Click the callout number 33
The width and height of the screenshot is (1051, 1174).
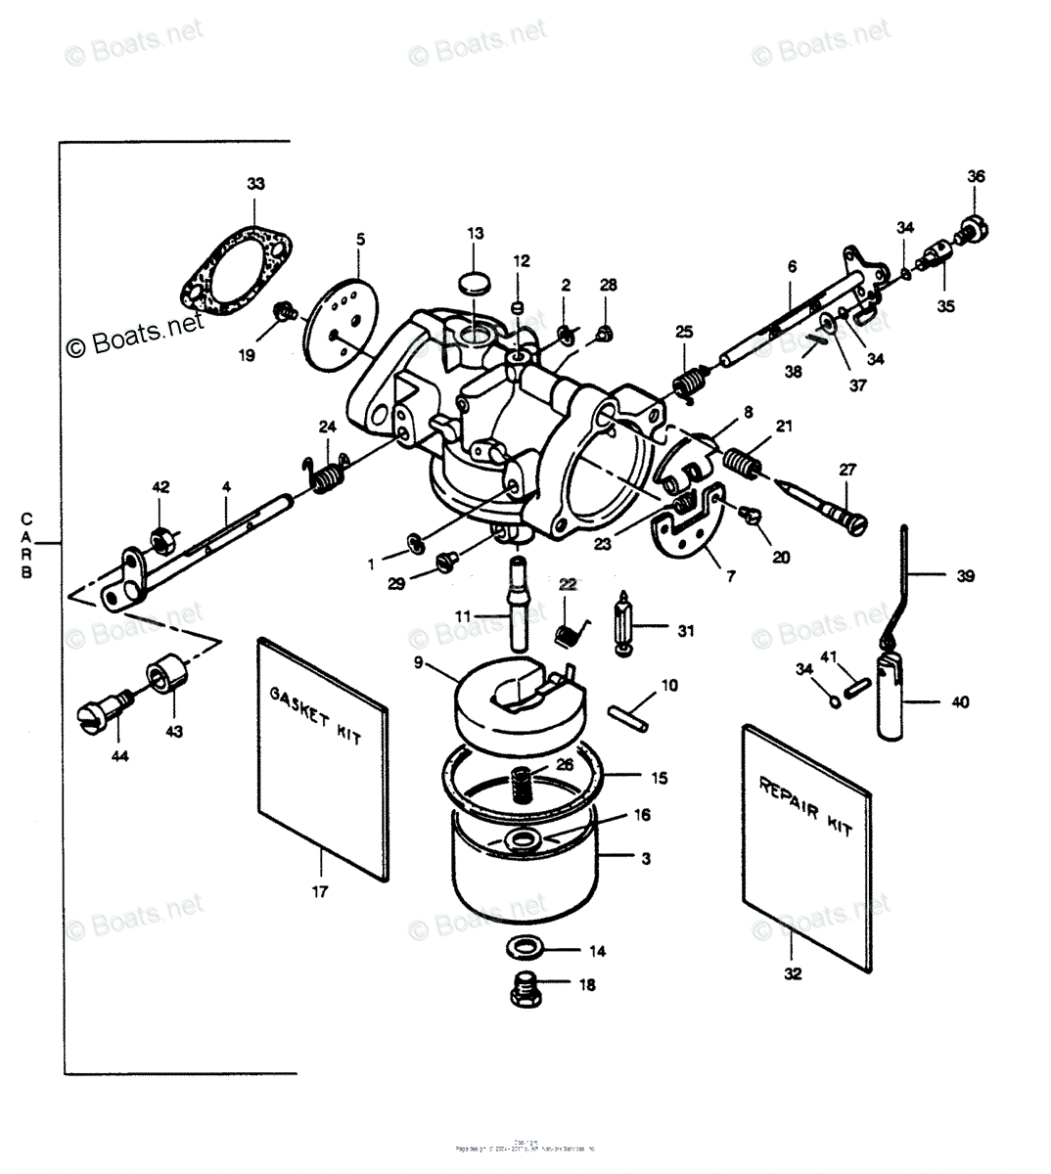tap(255, 184)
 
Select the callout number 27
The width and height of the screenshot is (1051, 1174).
tap(847, 470)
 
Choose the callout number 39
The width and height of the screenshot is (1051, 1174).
tap(965, 576)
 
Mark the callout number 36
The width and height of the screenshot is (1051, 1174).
tap(976, 177)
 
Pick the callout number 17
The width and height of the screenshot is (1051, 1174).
tap(320, 891)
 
